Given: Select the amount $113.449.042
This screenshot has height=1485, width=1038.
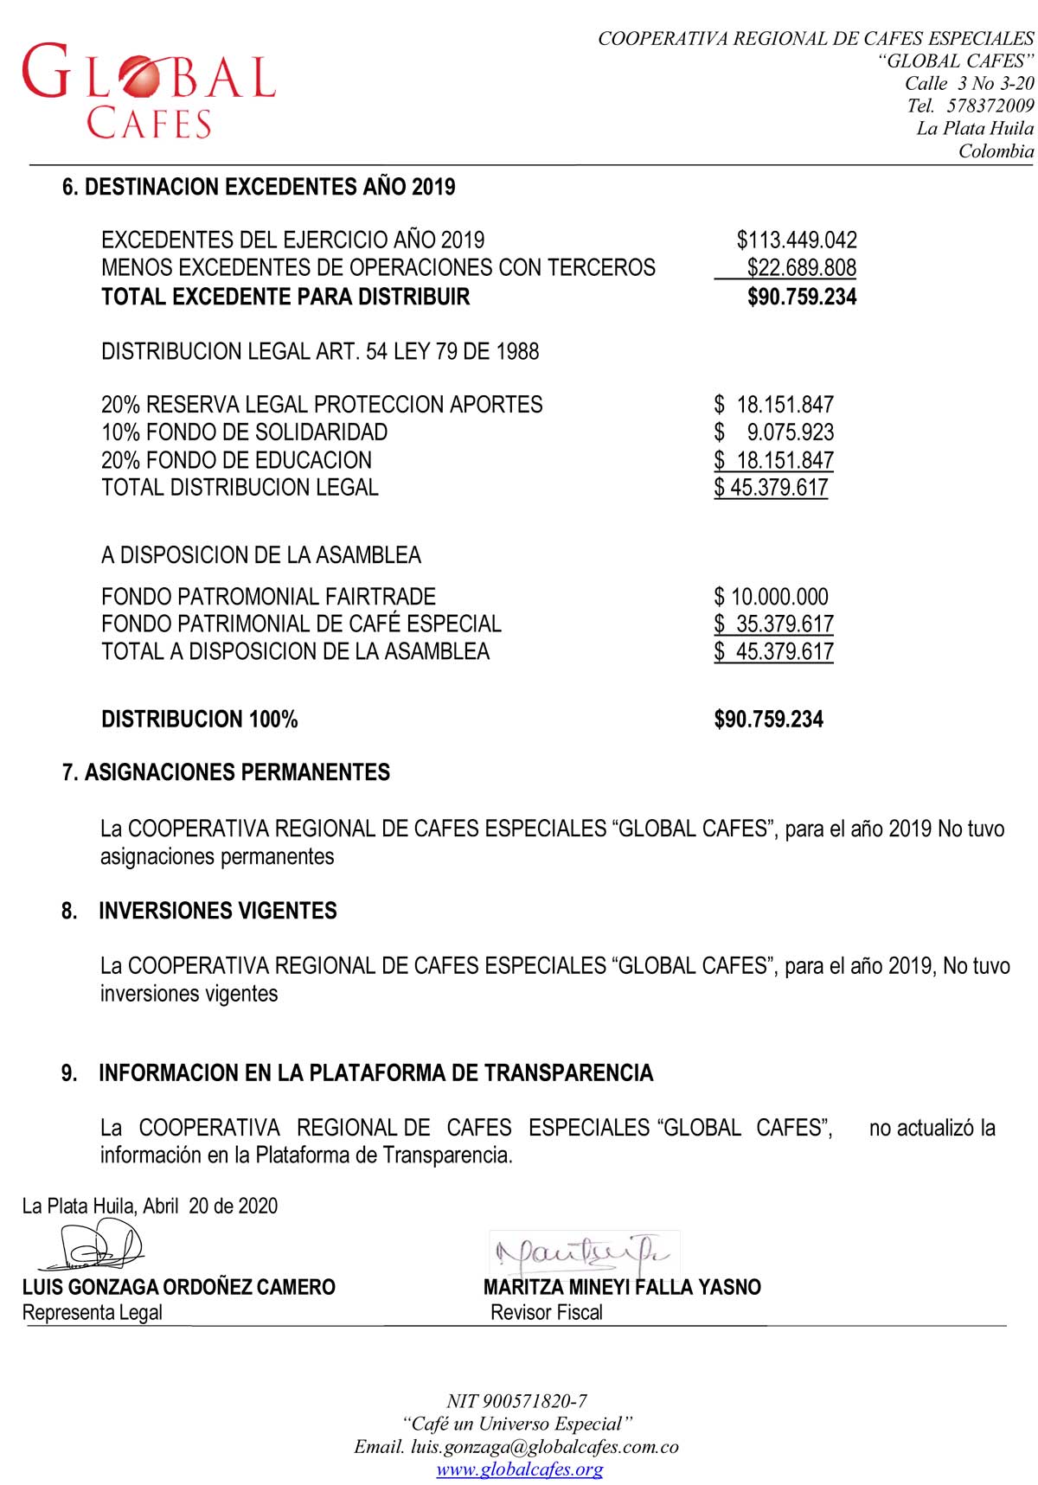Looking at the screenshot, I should coord(797,240).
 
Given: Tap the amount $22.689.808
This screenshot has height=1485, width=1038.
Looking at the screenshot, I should coord(801,268).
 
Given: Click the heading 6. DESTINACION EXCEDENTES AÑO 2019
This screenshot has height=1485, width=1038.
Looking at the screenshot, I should coord(259,187).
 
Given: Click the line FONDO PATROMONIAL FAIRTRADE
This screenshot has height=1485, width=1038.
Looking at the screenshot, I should coord(268,597).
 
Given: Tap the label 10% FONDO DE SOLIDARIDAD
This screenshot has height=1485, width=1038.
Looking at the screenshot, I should coord(244,432).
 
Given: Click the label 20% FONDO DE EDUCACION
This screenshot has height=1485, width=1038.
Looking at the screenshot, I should coord(236,460).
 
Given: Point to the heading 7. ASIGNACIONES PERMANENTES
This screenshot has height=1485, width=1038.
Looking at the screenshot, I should coord(226,772).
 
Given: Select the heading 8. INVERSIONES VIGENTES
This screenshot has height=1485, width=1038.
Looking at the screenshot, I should coord(200,911).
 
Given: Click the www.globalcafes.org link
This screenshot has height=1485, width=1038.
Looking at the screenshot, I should coord(519,1469).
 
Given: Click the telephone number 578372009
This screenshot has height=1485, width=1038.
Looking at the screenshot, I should coord(990,106).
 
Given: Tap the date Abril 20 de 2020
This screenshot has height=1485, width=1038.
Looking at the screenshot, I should coord(210,1206).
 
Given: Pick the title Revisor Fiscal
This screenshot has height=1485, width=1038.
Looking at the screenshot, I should coord(547,1312).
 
